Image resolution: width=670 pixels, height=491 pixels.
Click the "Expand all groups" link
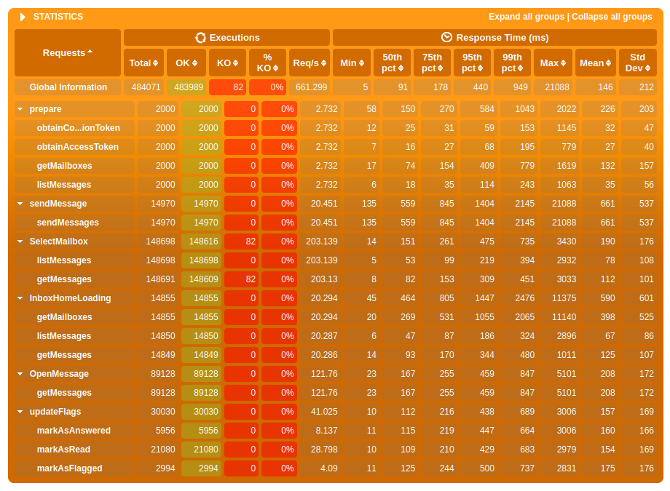[526, 17]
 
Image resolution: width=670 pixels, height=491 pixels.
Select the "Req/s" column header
[310, 63]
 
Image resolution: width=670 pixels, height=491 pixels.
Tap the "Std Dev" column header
[637, 63]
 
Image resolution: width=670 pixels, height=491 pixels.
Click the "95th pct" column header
[472, 63]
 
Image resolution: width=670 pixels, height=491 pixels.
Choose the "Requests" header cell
[68, 52]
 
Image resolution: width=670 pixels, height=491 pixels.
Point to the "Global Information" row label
[68, 87]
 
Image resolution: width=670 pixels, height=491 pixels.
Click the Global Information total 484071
[143, 87]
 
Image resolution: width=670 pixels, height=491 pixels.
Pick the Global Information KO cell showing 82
[227, 87]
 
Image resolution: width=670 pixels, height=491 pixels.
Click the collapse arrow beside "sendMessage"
[20, 204]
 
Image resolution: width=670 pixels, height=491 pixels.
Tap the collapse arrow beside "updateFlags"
[20, 412]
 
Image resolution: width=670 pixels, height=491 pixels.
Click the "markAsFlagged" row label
[69, 468]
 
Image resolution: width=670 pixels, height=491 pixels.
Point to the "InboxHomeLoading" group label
[70, 298]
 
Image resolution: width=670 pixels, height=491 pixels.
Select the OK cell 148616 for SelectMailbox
[201, 241]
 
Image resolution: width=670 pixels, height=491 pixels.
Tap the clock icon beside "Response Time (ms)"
[446, 37]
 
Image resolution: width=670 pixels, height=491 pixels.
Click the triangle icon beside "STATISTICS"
[23, 17]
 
